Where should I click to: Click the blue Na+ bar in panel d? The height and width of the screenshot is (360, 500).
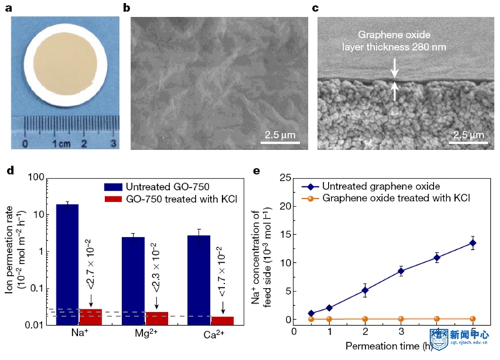pos(68,265)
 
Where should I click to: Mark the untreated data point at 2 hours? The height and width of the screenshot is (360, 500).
pos(364,290)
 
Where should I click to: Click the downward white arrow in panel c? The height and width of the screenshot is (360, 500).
pos(394,67)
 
